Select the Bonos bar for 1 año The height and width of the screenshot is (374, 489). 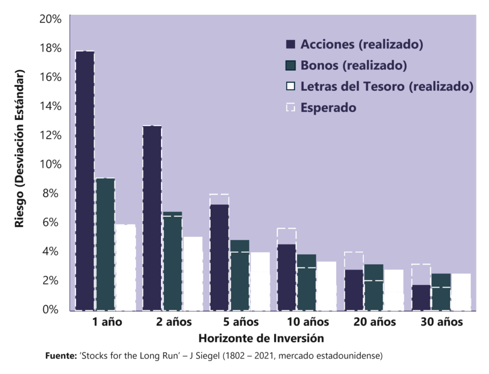tap(106, 244)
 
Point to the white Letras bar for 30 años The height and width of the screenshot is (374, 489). tap(461, 292)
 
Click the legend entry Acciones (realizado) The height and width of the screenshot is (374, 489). tap(362, 44)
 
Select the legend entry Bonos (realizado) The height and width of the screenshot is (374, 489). tap(353, 65)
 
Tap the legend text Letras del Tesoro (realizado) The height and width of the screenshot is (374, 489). tap(387, 86)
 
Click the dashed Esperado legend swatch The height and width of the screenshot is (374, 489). tap(291, 107)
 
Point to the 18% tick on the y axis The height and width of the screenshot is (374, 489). tap(50, 48)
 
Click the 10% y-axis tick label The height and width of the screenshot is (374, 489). tap(50, 164)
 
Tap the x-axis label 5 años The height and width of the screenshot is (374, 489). tap(241, 322)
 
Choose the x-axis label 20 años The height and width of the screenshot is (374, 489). tap(375, 322)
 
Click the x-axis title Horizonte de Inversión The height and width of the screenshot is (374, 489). tap(261, 338)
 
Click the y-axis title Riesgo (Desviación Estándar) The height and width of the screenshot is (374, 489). tap(20, 150)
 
